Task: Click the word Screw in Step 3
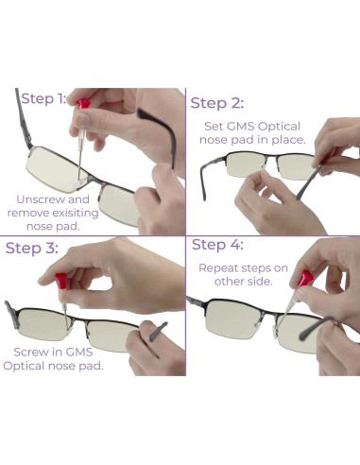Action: tap(30, 351)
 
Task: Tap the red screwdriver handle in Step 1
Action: tap(84, 102)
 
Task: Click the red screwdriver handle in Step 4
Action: tap(305, 279)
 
